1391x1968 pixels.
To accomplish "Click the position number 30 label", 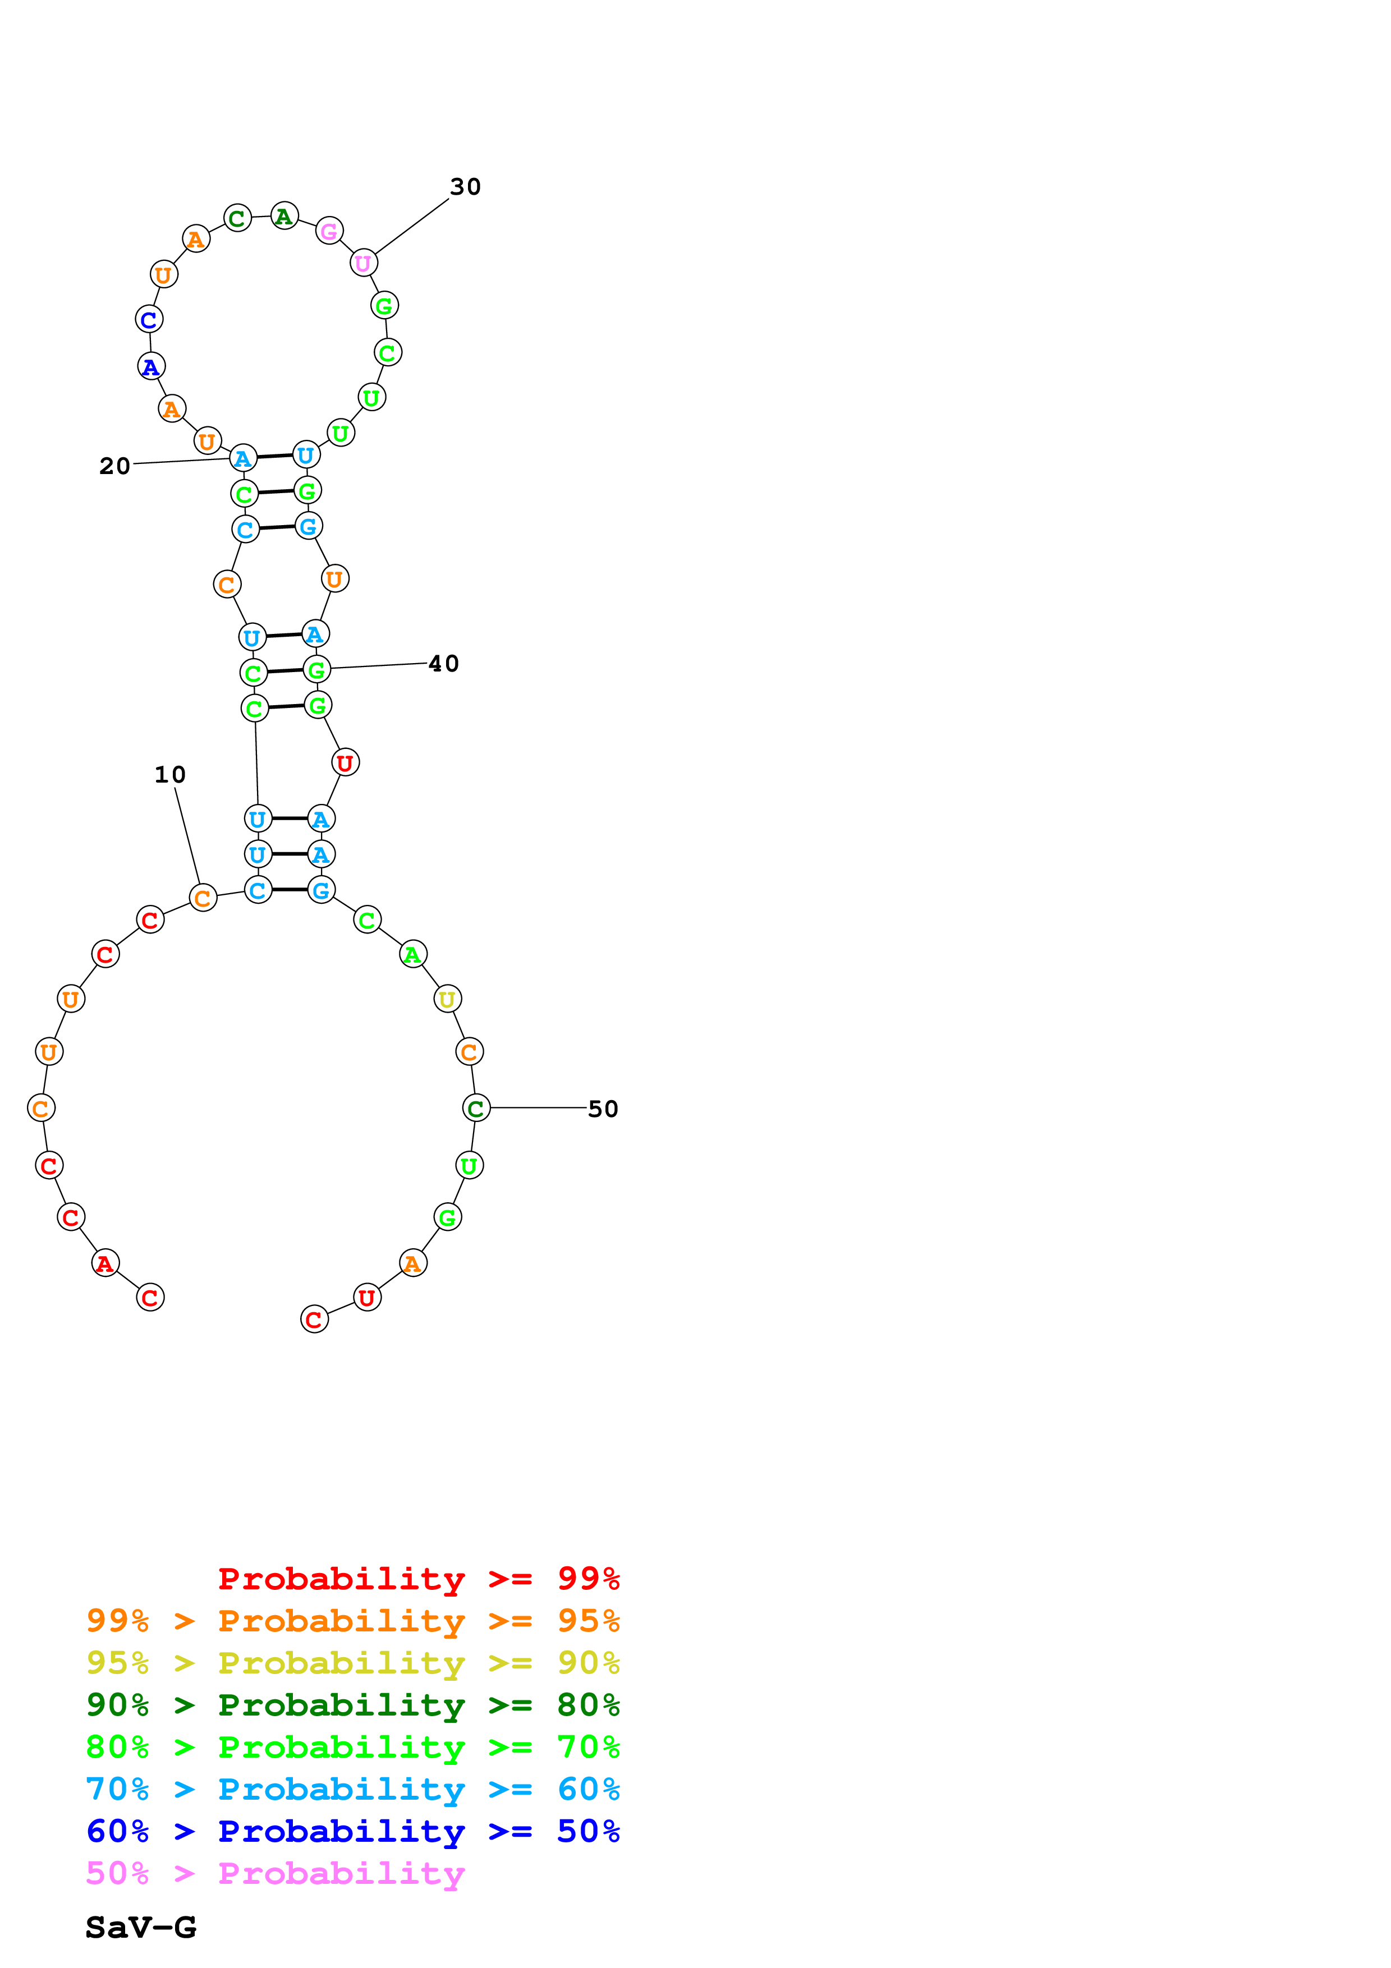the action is pyautogui.click(x=465, y=187).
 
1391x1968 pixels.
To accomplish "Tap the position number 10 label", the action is pyautogui.click(x=169, y=775).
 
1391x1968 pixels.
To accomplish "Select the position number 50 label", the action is pyautogui.click(x=603, y=1109).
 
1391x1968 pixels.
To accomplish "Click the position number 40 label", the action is pyautogui.click(x=443, y=664).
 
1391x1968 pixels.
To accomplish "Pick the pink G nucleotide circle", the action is pyautogui.click(x=329, y=231).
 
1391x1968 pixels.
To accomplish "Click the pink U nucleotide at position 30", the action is pyautogui.click(x=364, y=263).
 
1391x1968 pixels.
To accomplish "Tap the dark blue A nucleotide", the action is pyautogui.click(x=152, y=367).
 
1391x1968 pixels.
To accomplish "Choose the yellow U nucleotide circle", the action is pyautogui.click(x=447, y=1000).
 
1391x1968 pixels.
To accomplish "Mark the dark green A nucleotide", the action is pyautogui.click(x=284, y=216).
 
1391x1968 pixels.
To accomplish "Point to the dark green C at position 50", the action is pyautogui.click(x=476, y=1109).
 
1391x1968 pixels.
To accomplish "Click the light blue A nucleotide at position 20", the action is pyautogui.click(x=244, y=458).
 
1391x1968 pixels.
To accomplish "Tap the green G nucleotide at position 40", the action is pyautogui.click(x=317, y=669).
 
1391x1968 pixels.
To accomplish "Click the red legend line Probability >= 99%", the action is pyautogui.click(x=418, y=1579).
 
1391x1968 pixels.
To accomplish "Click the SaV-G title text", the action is pyautogui.click(x=141, y=1928).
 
